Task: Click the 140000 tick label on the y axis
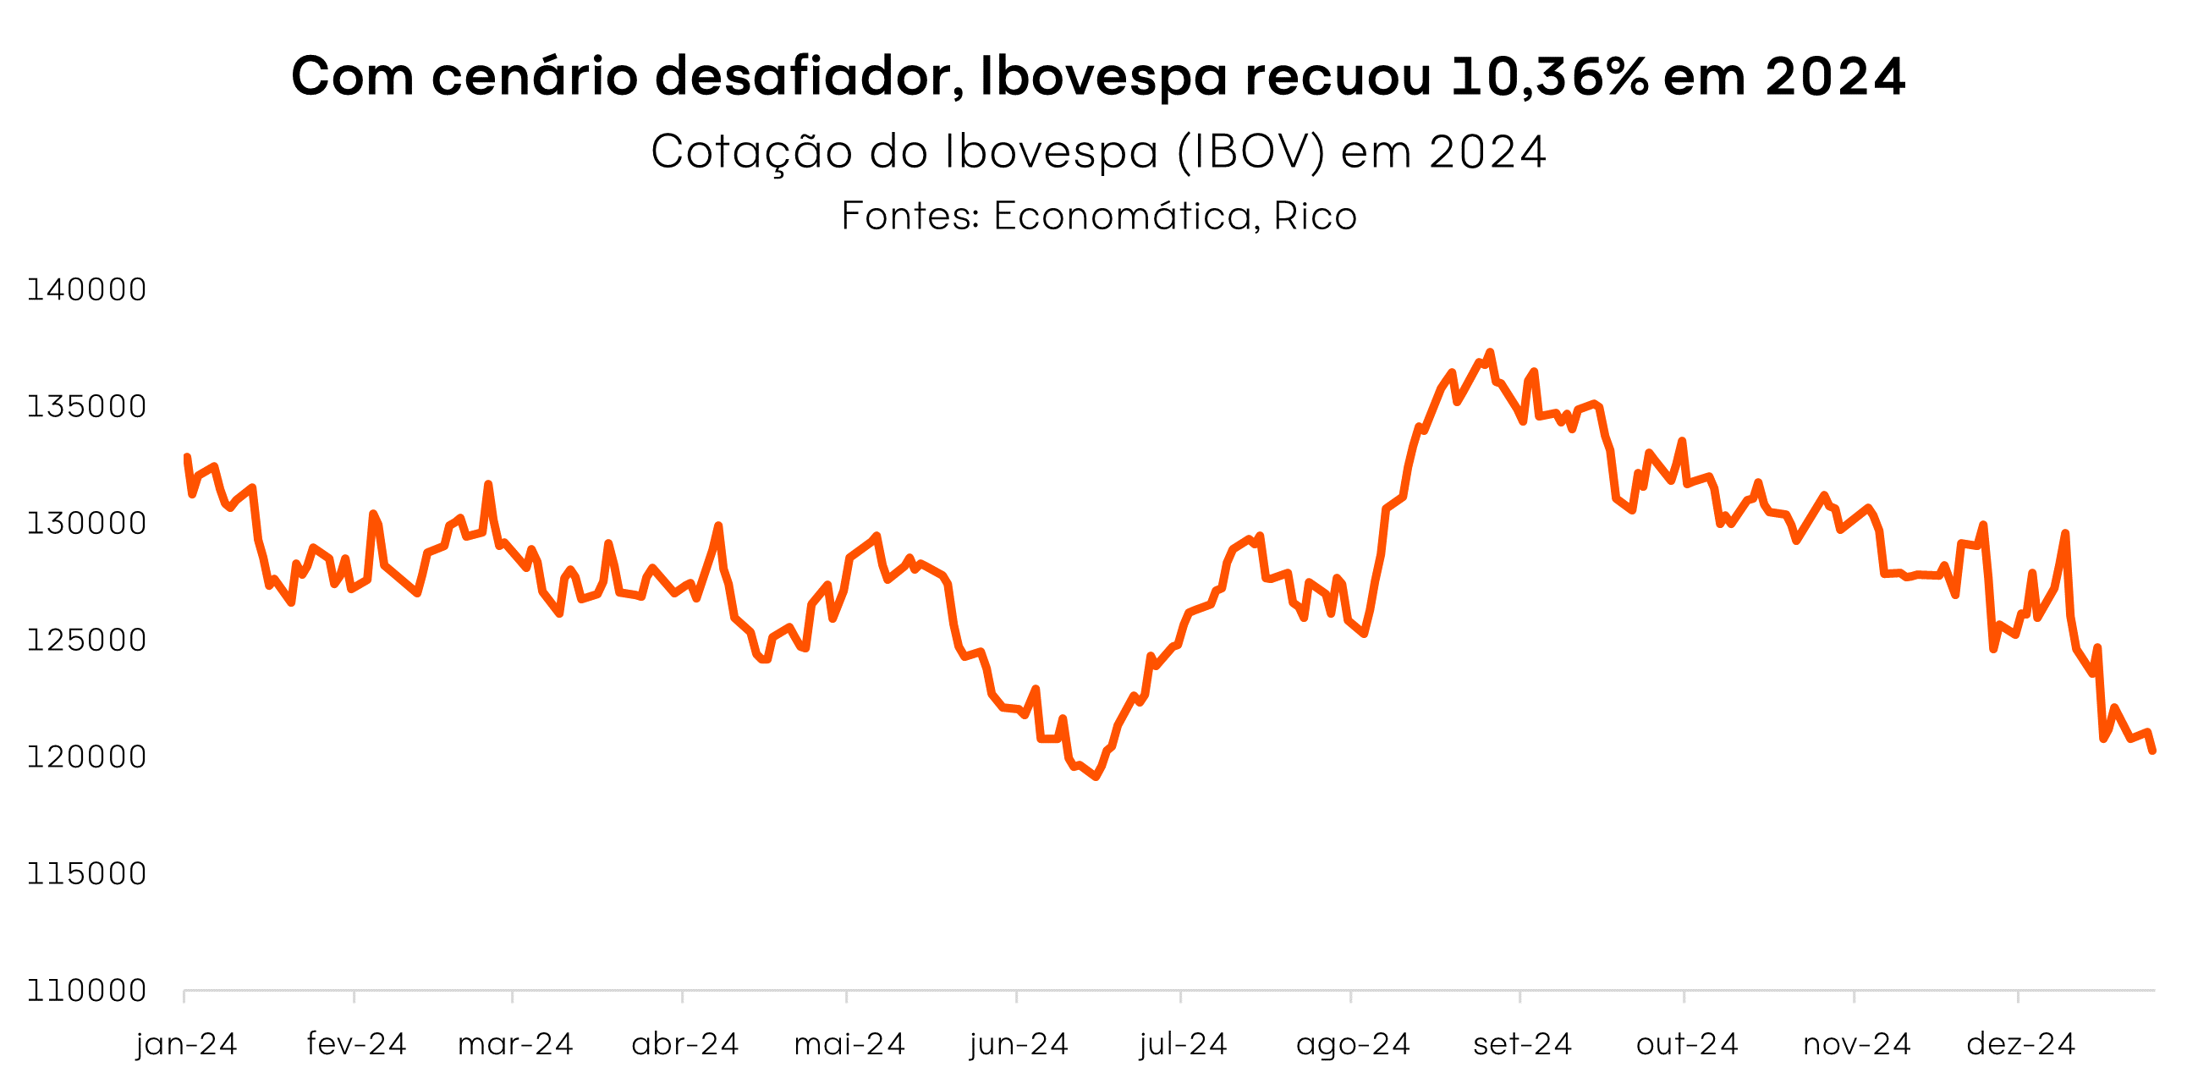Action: tap(86, 290)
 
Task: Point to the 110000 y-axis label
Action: tap(86, 991)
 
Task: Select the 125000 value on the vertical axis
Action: tap(86, 640)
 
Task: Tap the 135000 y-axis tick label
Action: tap(86, 407)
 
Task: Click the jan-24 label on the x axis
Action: tap(186, 1045)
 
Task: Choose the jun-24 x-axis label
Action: tap(1018, 1045)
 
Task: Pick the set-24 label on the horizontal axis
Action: tap(1522, 1045)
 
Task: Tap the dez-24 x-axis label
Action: tap(2020, 1045)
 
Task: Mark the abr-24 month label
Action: tap(684, 1045)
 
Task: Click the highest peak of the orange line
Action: tap(1490, 352)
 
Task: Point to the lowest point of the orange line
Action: tap(1096, 777)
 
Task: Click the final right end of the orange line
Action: tap(2153, 751)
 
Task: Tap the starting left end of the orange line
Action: tap(187, 458)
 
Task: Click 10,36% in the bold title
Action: tap(1549, 77)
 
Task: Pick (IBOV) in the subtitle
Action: tap(1251, 153)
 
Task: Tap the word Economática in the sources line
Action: tap(1122, 216)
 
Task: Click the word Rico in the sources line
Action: tap(1315, 216)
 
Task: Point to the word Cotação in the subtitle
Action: tap(752, 153)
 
